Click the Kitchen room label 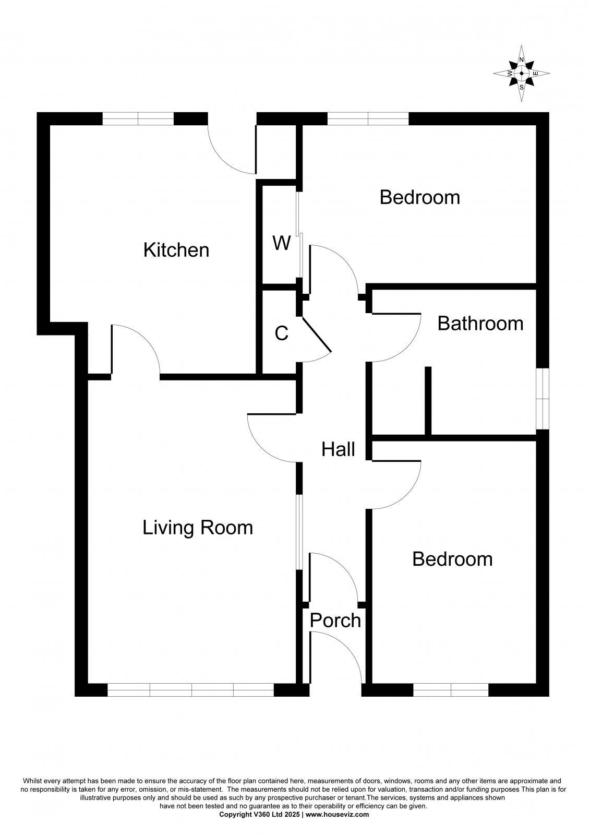[x=176, y=250]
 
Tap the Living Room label [x=198, y=528]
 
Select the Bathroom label [x=480, y=324]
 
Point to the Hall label [x=338, y=449]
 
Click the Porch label [x=335, y=621]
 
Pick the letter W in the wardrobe [x=282, y=243]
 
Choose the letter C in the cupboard [x=282, y=333]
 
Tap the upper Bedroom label [x=419, y=197]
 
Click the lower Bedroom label [x=452, y=559]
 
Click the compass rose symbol [x=522, y=73]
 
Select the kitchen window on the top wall [x=138, y=119]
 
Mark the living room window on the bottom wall [x=191, y=690]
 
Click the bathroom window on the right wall [x=543, y=399]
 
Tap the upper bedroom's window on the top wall [x=368, y=119]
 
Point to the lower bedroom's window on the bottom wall [x=451, y=690]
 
